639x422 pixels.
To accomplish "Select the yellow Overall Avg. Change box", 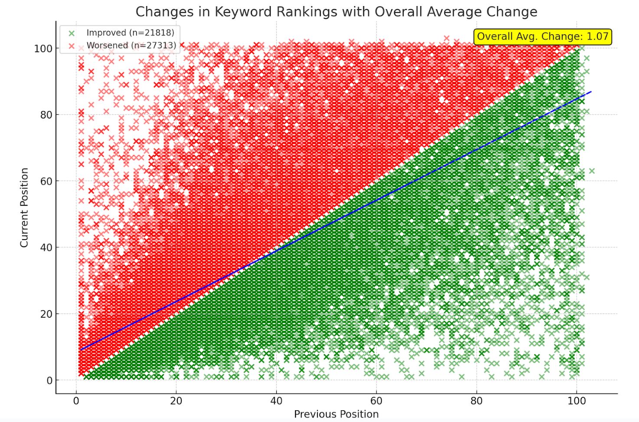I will [x=542, y=36].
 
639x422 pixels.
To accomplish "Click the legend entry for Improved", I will [x=130, y=33].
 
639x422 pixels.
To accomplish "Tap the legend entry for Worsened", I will [x=131, y=45].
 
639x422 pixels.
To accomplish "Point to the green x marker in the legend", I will [x=72, y=33].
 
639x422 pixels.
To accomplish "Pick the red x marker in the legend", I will [x=72, y=46].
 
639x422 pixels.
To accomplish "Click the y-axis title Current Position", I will [x=24, y=208].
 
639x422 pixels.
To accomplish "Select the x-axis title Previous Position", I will [x=336, y=414].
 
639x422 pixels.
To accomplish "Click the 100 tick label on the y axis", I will [x=43, y=49].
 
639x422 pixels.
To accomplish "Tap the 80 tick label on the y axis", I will [x=46, y=115].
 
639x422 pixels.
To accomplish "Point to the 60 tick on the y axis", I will [x=46, y=181].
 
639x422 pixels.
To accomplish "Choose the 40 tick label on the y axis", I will [x=46, y=247].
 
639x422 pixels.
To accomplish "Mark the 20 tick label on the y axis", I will [x=46, y=314].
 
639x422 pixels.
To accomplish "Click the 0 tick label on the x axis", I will [x=76, y=401].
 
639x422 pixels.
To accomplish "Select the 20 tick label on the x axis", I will [x=176, y=401].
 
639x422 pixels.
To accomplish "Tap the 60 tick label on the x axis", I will [x=376, y=401].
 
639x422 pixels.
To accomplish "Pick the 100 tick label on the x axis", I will [x=576, y=401].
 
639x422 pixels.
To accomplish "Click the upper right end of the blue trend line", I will [x=591, y=92].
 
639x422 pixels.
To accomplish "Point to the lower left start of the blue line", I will [x=81, y=349].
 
